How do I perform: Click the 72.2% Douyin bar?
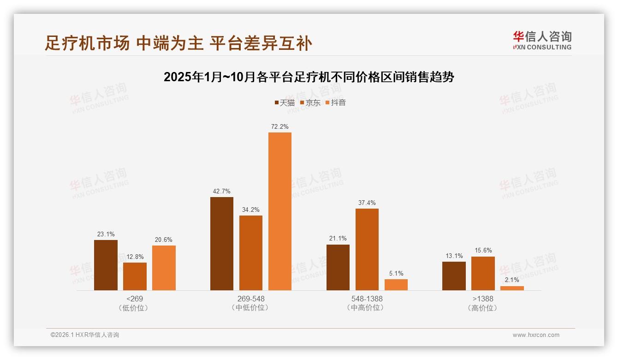279,211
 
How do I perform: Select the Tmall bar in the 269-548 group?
222,244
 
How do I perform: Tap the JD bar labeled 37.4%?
367,249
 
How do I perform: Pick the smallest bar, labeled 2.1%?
512,288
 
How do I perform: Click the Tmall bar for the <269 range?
106,265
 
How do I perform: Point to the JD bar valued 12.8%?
135,276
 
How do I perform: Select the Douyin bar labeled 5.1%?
396,285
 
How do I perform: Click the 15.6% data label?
483,251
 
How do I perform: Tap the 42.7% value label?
222,191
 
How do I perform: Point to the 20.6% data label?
164,240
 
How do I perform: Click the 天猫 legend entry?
285,102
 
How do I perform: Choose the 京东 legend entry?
310,102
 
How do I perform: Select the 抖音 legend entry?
336,102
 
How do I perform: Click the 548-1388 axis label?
367,299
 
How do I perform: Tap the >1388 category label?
483,299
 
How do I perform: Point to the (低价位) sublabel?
134,308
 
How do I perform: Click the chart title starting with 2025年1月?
309,77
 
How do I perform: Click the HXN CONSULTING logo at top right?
542,41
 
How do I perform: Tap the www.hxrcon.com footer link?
536,335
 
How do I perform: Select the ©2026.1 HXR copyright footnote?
85,335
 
